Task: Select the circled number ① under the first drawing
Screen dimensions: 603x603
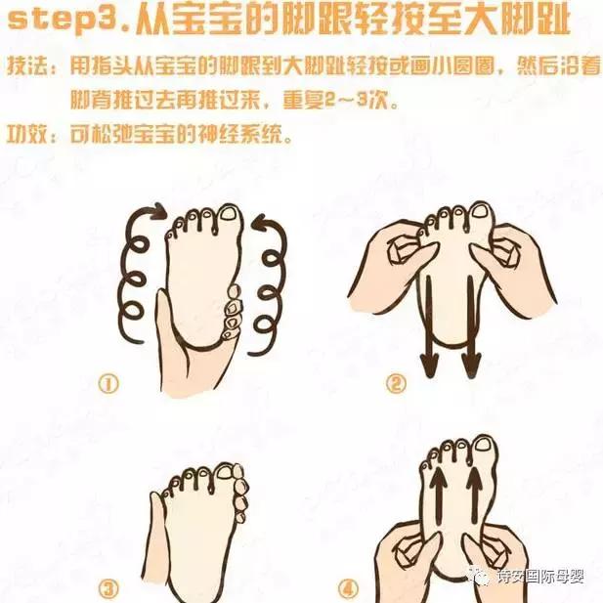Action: pos(108,384)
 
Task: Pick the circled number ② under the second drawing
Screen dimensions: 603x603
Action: pos(395,384)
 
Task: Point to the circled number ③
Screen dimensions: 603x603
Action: pos(108,588)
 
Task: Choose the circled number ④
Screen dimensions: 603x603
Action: pos(395,588)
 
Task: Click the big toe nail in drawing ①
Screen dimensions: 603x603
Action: pos(228,214)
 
